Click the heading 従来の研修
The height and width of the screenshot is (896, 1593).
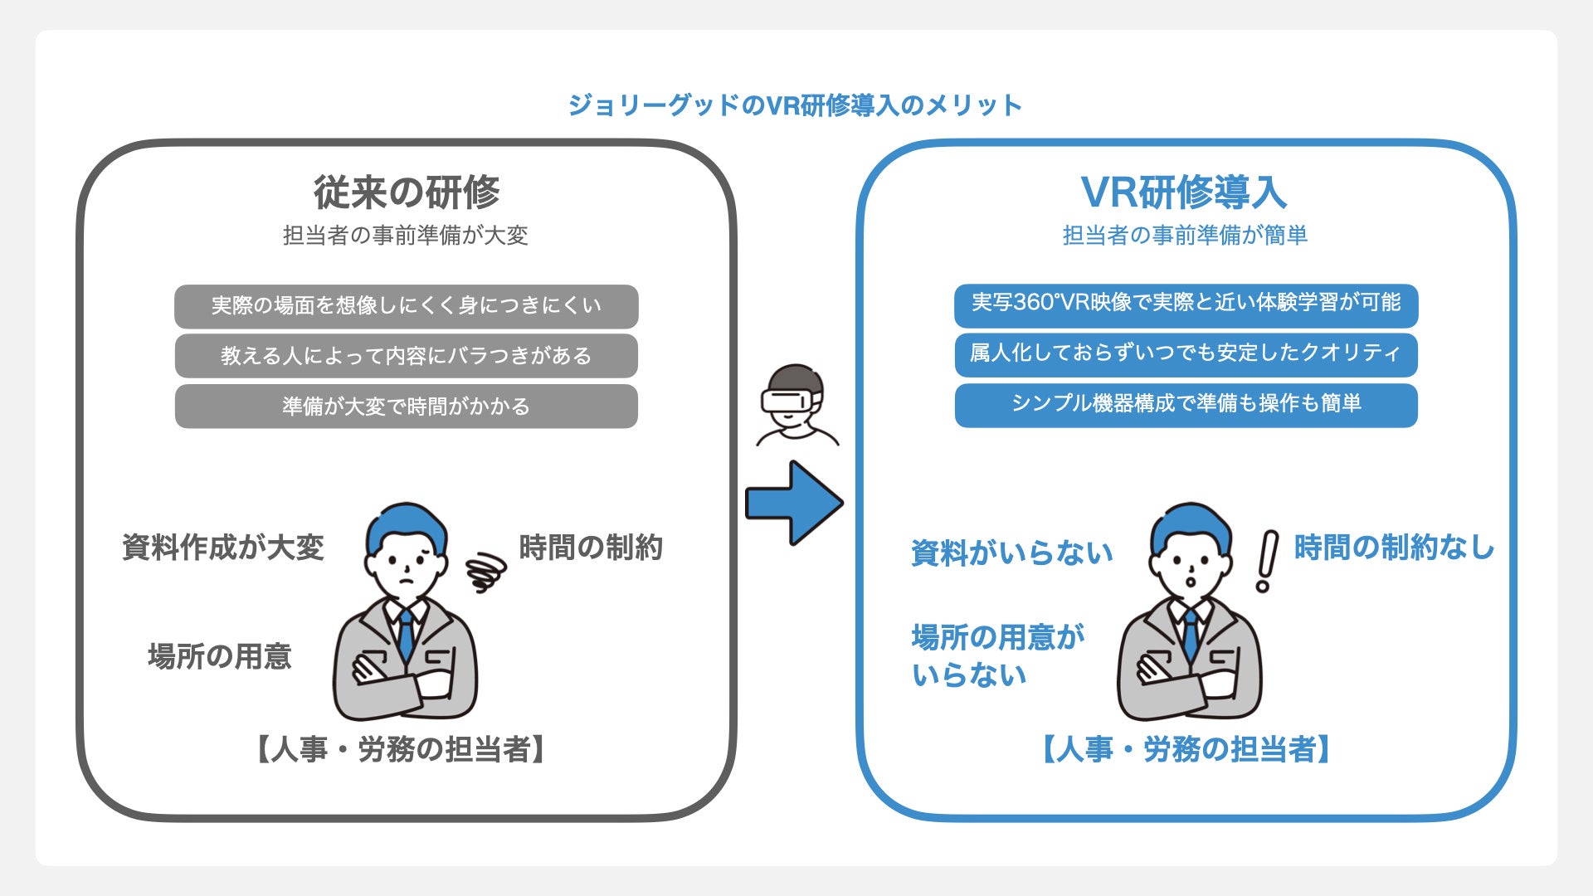point(407,192)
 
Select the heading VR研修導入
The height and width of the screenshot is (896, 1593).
point(1184,192)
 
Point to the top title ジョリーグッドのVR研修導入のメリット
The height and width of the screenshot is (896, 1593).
point(795,105)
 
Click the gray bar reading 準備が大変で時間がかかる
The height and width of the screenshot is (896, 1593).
point(406,407)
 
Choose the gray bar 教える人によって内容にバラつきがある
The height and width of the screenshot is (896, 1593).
point(406,356)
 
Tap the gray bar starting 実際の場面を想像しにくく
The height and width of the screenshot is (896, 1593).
point(406,306)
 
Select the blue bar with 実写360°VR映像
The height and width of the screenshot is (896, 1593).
point(1186,303)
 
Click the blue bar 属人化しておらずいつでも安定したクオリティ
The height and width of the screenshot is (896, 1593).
point(1186,354)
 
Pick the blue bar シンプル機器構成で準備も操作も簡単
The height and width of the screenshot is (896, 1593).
point(1186,405)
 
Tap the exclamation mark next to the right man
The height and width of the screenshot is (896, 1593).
point(1267,561)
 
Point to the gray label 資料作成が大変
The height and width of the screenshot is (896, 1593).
point(222,548)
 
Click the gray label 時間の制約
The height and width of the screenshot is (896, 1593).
point(590,548)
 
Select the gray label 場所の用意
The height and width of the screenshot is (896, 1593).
point(220,656)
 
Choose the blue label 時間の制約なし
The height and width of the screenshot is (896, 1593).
point(1394,548)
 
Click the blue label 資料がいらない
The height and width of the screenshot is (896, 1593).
point(1011,553)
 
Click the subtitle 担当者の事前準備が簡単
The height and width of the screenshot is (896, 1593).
point(1185,236)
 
